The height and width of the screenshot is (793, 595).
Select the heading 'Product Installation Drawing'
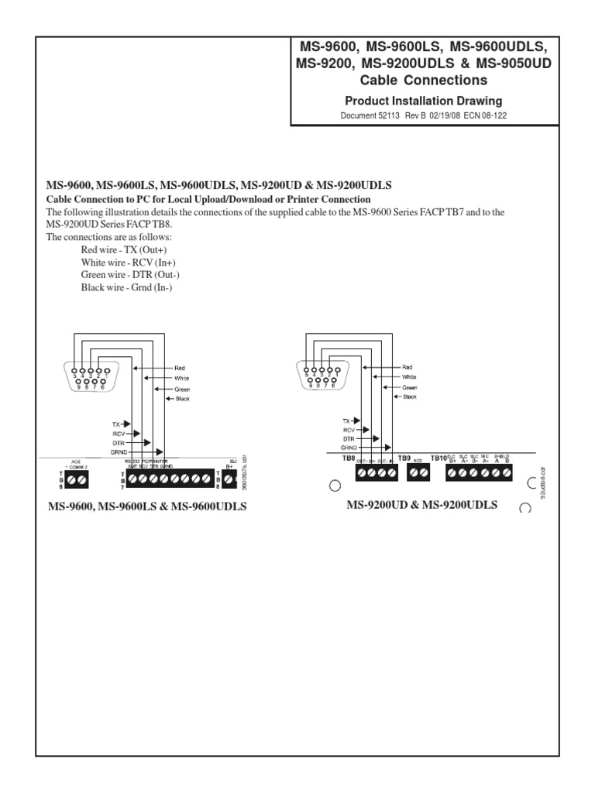click(423, 101)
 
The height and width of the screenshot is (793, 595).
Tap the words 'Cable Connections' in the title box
click(423, 80)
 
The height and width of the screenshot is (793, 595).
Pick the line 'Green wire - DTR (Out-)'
click(130, 275)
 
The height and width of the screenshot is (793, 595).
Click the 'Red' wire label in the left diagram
click(180, 368)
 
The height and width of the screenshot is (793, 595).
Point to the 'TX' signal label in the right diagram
click(346, 419)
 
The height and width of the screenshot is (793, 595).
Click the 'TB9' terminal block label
click(404, 458)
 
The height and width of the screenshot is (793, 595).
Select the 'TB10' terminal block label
click(439, 458)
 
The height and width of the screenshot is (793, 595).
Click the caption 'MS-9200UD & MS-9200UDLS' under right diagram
click(422, 505)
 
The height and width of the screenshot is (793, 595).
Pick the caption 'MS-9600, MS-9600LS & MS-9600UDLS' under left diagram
click(146, 506)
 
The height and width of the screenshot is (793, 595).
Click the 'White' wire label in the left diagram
click(181, 378)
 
